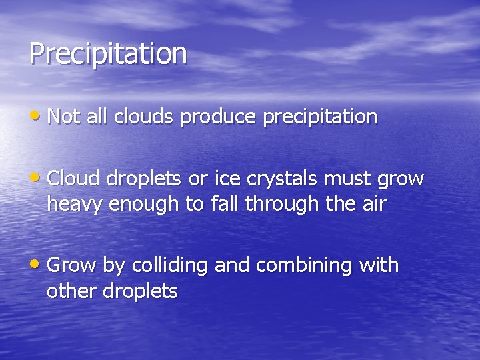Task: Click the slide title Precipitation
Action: [x=108, y=54]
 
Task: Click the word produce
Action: [x=218, y=118]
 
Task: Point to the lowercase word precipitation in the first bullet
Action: [x=320, y=118]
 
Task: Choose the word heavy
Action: [x=75, y=205]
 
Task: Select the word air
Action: [x=374, y=203]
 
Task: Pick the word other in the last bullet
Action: [x=71, y=291]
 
